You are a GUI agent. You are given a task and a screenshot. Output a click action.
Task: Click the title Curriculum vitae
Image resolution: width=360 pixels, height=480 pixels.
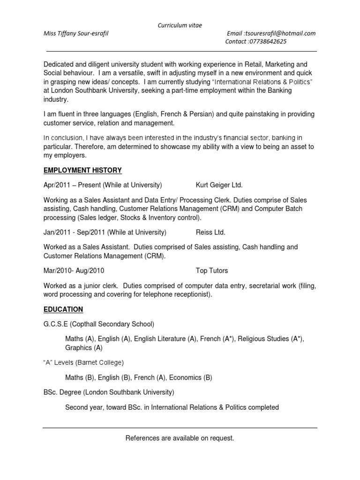tap(180, 25)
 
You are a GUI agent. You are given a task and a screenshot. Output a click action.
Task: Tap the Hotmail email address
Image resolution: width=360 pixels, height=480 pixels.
tap(280, 33)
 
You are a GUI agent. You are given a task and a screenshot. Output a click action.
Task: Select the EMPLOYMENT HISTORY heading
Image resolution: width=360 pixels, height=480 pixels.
tap(82, 170)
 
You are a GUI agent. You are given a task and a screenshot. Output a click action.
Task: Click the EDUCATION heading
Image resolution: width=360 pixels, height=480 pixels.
tap(63, 309)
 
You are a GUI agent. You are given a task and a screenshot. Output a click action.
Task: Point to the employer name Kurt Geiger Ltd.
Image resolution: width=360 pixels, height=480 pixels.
tap(219, 185)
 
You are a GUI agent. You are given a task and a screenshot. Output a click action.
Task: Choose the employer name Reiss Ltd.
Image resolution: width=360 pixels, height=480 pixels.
tap(210, 232)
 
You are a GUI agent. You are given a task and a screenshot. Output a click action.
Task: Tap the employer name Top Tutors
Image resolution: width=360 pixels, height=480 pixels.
tap(212, 270)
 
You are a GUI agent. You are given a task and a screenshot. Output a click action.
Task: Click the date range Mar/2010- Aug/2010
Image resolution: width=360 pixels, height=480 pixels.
tap(74, 270)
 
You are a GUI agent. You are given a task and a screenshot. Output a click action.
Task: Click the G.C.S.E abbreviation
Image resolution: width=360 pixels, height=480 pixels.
tap(56, 324)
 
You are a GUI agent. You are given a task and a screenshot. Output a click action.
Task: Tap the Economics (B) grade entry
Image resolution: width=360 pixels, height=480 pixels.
tap(191, 377)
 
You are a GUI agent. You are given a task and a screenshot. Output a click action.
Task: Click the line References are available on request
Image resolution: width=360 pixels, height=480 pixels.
tap(180, 438)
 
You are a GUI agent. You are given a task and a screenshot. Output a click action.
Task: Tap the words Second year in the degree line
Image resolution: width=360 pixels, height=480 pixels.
tap(82, 407)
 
